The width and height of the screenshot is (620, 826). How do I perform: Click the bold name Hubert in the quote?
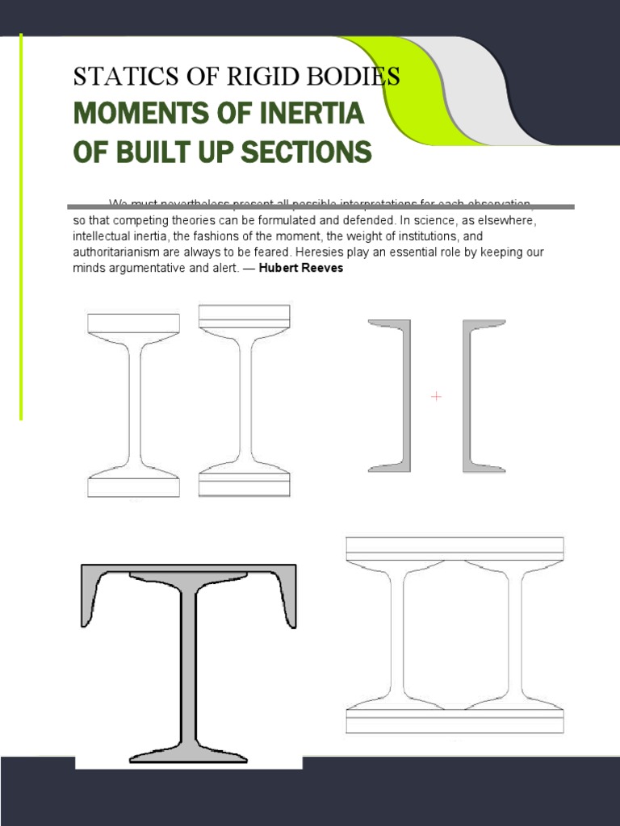(278, 268)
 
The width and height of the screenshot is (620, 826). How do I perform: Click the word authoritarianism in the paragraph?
(120, 252)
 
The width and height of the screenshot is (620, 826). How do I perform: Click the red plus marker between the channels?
(437, 396)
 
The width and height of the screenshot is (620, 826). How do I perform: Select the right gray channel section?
(469, 395)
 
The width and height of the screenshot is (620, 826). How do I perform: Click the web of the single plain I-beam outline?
(133, 403)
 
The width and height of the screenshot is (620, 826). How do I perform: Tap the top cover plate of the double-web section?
(455, 548)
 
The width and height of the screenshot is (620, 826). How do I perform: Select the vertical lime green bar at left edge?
(21, 226)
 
